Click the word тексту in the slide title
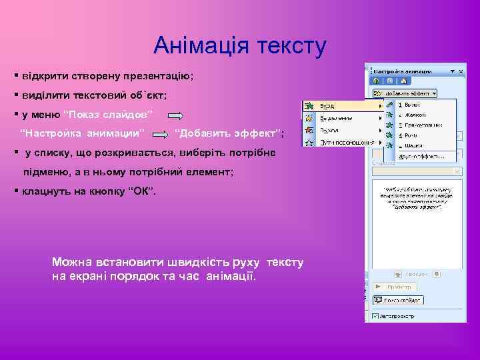click(x=288, y=46)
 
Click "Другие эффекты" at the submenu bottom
click(x=421, y=156)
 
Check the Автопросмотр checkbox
click(x=375, y=316)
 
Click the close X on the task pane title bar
click(x=461, y=70)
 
